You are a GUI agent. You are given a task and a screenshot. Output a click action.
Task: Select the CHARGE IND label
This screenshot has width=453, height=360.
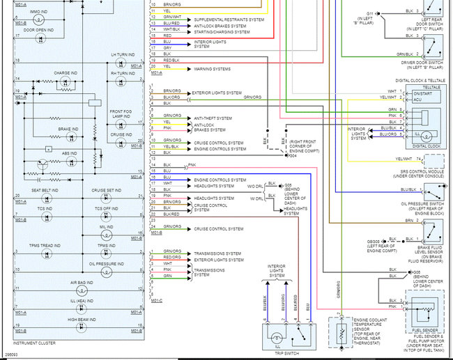pyautogui.click(x=65, y=72)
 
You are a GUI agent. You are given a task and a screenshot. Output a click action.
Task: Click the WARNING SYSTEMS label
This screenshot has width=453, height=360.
pyautogui.click(x=213, y=68)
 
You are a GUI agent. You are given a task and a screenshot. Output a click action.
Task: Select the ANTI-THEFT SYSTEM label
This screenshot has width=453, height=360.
pyautogui.click(x=213, y=118)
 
